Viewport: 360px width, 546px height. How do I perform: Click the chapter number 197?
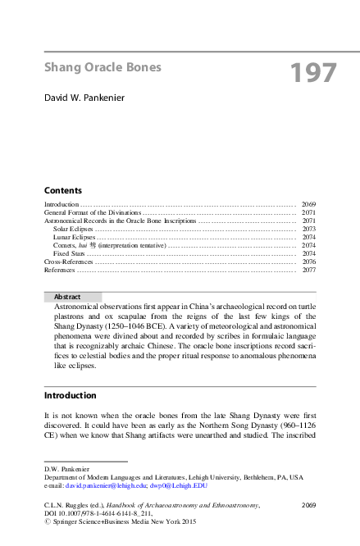point(313,73)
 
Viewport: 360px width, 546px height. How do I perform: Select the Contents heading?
point(62,189)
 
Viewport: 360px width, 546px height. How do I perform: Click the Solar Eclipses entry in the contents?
point(72,229)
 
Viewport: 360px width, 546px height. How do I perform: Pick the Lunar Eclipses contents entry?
point(73,237)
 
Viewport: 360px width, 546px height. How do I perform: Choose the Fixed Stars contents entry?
point(69,253)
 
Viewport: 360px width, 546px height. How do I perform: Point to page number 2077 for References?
point(308,270)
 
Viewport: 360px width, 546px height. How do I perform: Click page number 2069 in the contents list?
point(308,203)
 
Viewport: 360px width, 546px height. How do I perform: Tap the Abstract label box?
point(71,297)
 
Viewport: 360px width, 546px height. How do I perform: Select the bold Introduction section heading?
point(70,395)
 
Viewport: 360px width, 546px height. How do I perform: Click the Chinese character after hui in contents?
point(92,245)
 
